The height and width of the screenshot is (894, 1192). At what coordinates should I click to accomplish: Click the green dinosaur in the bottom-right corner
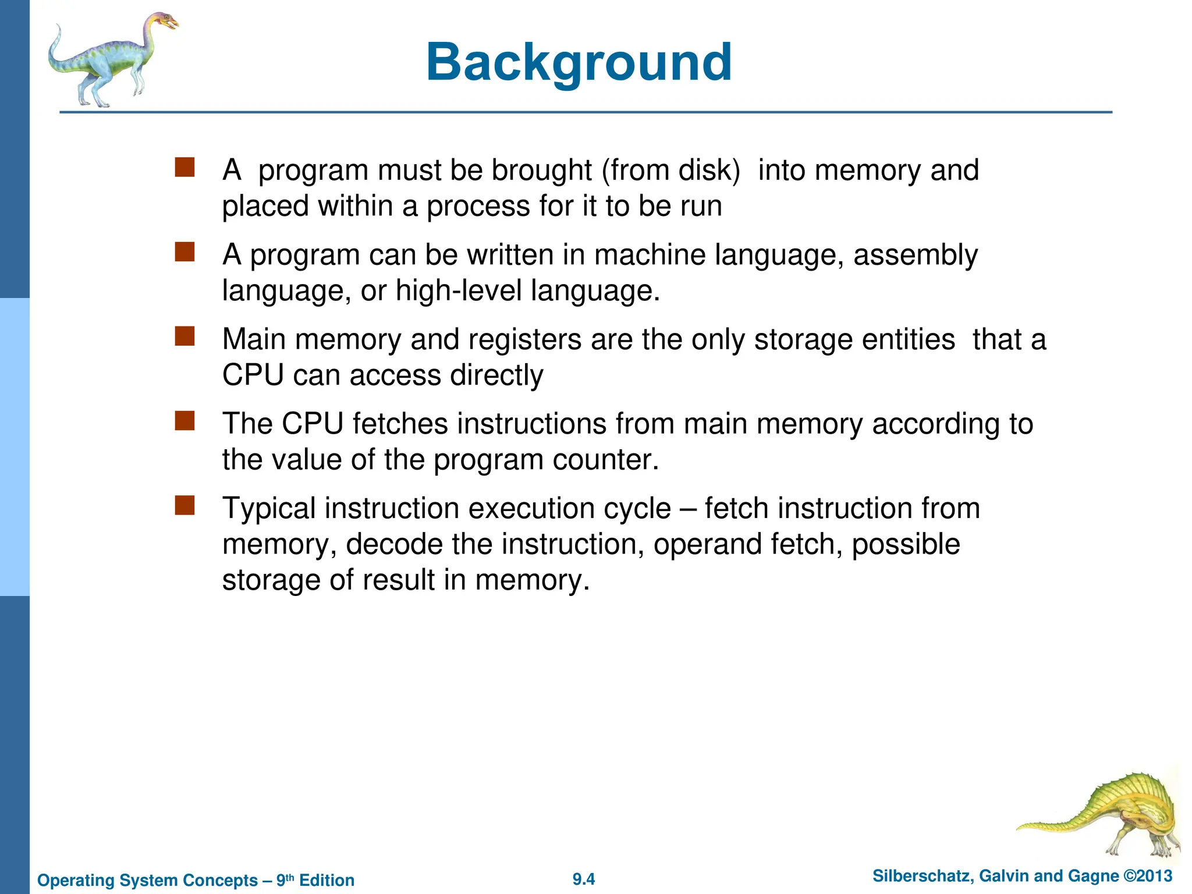(x=1106, y=815)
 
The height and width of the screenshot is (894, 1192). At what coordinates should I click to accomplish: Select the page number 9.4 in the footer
(x=584, y=879)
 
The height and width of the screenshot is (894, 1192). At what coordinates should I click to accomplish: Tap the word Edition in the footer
(x=327, y=880)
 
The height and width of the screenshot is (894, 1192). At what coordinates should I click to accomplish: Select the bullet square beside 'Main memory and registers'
(x=185, y=336)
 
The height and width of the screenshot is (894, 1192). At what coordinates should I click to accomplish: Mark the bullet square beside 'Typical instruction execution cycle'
(x=185, y=505)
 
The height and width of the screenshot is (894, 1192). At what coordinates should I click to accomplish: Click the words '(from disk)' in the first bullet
(x=670, y=171)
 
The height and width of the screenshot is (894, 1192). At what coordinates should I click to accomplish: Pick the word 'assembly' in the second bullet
(x=916, y=256)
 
